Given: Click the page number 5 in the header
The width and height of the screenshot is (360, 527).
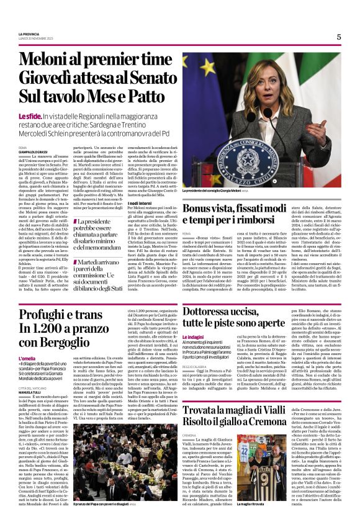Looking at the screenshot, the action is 339,37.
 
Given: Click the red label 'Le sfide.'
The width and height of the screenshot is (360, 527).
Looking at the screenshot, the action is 47,117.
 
